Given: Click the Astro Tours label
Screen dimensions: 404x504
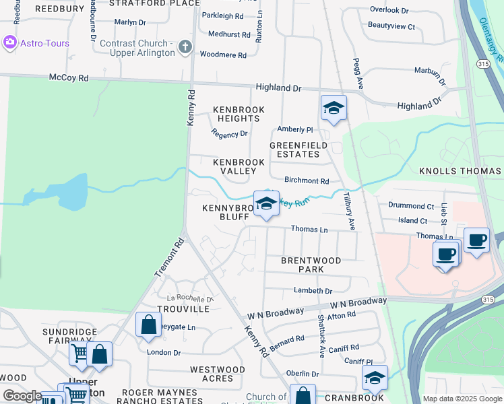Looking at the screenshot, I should pos(45,43).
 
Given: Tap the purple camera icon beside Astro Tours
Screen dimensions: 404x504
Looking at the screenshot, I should pos(10,43).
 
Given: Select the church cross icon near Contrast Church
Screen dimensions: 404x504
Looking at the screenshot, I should pos(185,48).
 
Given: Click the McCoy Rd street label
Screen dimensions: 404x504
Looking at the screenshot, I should pos(69,78).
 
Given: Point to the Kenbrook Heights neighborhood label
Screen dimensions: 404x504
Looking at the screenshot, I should pos(239,114).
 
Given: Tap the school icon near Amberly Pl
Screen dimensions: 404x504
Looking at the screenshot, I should pos(333,108).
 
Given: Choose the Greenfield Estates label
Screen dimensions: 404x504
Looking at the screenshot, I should pos(298,149).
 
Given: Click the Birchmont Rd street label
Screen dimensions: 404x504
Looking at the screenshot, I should pos(307,181).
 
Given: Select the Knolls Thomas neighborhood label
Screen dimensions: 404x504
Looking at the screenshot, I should pos(461,172).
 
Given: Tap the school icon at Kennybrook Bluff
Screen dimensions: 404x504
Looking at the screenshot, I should pos(266,203).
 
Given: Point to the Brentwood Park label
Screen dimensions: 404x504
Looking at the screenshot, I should pos(311,265).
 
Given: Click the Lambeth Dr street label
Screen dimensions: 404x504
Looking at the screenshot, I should pos(313,291).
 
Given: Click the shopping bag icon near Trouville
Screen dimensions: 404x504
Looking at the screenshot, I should pos(148,325).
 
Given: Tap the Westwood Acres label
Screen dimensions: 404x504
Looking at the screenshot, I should pos(217,374).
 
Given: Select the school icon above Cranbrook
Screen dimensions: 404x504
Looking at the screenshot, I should pos(375,379).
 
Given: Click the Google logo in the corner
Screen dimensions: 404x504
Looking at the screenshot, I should pos(22,396).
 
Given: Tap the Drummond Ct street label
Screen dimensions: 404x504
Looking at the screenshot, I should pos(411,206).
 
